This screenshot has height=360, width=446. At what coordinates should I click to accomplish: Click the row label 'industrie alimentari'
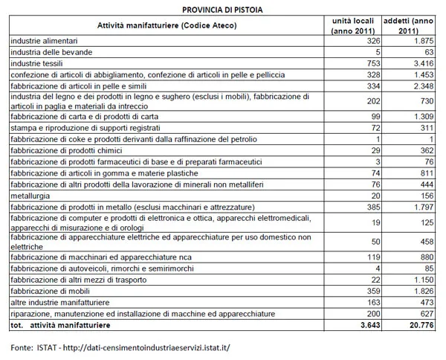point(45,42)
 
